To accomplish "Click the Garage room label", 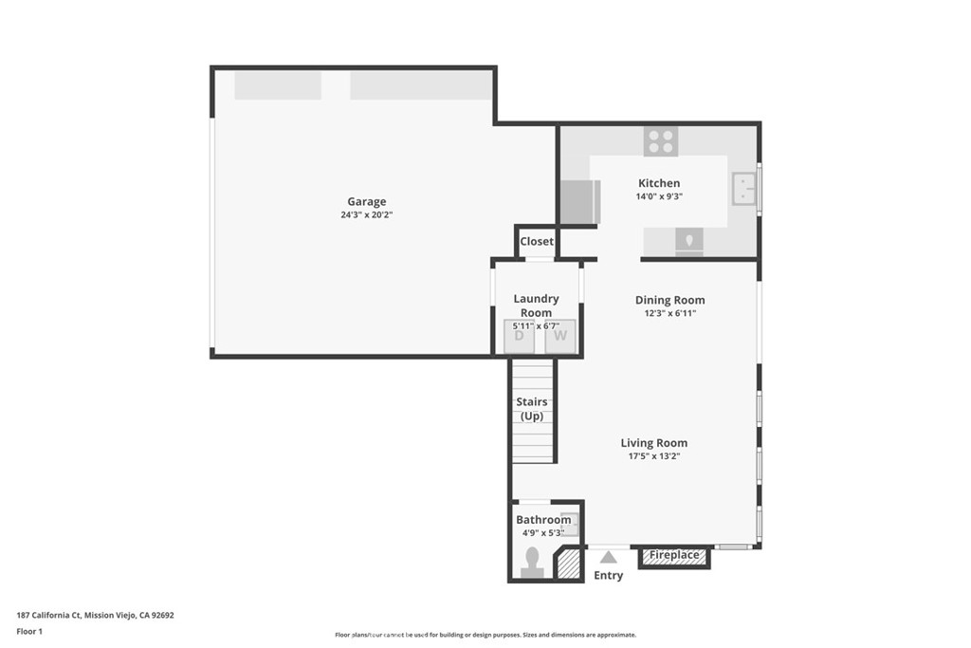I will point(366,201).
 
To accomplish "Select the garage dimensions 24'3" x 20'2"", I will point(366,215).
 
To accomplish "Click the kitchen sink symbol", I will point(743,189).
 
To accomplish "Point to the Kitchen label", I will point(658,183).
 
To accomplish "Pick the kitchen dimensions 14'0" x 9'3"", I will point(658,196).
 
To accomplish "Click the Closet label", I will point(536,242).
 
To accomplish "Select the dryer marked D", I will point(520,335).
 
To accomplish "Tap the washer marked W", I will point(560,335).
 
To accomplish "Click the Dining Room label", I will point(669,300).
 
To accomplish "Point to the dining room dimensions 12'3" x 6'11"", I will point(669,313).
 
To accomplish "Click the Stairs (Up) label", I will point(532,409).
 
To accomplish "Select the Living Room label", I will point(653,443).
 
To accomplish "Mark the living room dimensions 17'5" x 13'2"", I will point(653,456).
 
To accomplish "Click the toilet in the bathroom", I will point(532,561).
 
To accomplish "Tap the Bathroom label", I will point(543,520).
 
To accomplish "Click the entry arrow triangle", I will point(608,557).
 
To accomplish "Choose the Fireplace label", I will point(674,555).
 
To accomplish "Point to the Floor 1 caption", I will point(29,631).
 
